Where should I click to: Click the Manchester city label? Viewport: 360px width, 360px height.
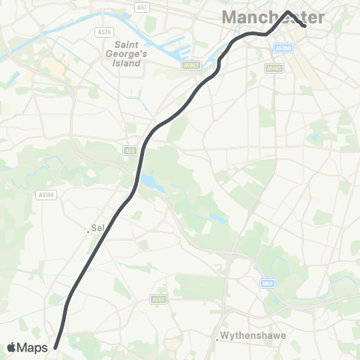(x=273, y=16)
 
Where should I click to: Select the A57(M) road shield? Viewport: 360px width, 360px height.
(x=283, y=47)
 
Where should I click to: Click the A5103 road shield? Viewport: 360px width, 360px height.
(x=274, y=67)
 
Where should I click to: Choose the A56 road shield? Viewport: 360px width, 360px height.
(x=130, y=150)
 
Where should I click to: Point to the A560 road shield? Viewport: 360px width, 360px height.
(x=157, y=299)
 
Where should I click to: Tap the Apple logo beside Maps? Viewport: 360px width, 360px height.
(x=12, y=347)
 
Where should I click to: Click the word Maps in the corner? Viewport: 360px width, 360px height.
(x=34, y=347)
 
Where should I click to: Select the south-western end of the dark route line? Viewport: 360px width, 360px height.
(x=56, y=346)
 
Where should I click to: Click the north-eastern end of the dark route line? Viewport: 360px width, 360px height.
(x=304, y=25)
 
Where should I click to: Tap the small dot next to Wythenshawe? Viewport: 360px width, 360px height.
(x=217, y=339)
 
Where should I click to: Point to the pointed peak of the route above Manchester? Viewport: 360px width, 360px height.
(x=288, y=11)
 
